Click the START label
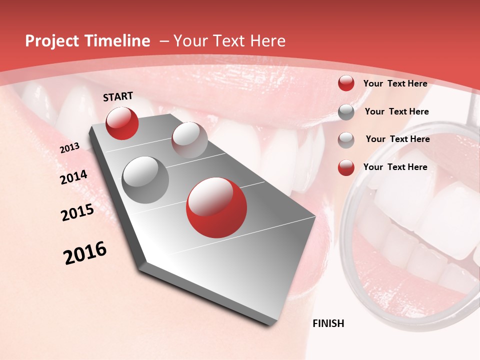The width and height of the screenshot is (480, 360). pyautogui.click(x=118, y=96)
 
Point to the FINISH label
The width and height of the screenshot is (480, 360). pyautogui.click(x=328, y=323)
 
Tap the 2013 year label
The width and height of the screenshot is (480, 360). pyautogui.click(x=69, y=148)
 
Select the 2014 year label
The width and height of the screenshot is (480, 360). pyautogui.click(x=73, y=177)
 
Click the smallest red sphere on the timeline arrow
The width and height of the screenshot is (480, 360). pyautogui.click(x=122, y=123)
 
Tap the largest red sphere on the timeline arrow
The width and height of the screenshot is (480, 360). pyautogui.click(x=216, y=207)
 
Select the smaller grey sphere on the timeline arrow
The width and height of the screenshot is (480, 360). pyautogui.click(x=189, y=140)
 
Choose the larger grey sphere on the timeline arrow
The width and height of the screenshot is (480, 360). pyautogui.click(x=145, y=179)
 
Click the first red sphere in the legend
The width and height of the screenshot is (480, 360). pyautogui.click(x=346, y=83)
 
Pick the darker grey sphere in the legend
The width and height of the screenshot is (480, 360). pyautogui.click(x=346, y=112)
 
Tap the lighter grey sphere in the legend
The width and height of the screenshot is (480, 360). pyautogui.click(x=346, y=140)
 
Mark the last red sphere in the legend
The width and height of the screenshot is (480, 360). pyautogui.click(x=346, y=167)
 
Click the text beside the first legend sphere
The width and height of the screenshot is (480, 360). pyautogui.click(x=395, y=84)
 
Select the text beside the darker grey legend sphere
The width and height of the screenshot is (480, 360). pyautogui.click(x=396, y=111)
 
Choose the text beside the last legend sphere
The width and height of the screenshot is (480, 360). pyautogui.click(x=395, y=167)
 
